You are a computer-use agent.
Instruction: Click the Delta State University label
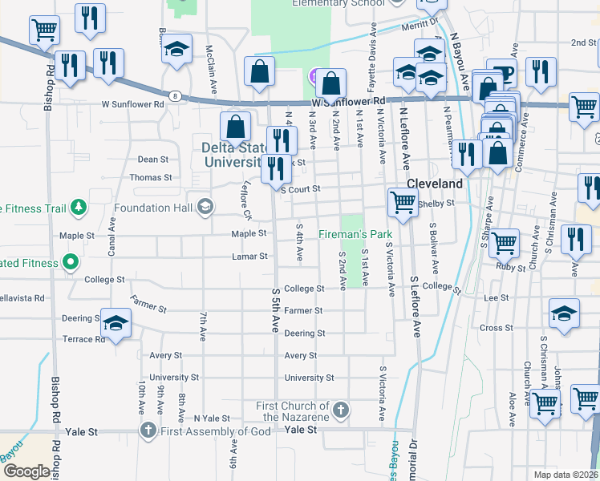click(x=233, y=155)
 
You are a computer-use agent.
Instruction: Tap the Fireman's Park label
click(x=354, y=234)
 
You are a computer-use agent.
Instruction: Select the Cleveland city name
click(x=434, y=184)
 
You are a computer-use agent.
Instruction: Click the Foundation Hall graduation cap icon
click(x=205, y=208)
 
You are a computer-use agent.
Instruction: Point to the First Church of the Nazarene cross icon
click(x=341, y=410)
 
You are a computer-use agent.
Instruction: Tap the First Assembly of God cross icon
click(x=147, y=431)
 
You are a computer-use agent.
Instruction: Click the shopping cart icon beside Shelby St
click(x=402, y=202)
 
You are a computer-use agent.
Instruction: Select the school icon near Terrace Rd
click(x=116, y=323)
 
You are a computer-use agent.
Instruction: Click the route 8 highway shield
click(x=175, y=96)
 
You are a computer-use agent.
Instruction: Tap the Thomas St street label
click(x=150, y=177)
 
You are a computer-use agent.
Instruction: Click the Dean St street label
click(x=153, y=160)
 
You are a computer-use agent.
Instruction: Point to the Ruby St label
click(x=510, y=267)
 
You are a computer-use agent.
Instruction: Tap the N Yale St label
click(x=212, y=418)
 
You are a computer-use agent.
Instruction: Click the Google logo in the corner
click(x=26, y=471)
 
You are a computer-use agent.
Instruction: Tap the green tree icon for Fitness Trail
click(x=78, y=208)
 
